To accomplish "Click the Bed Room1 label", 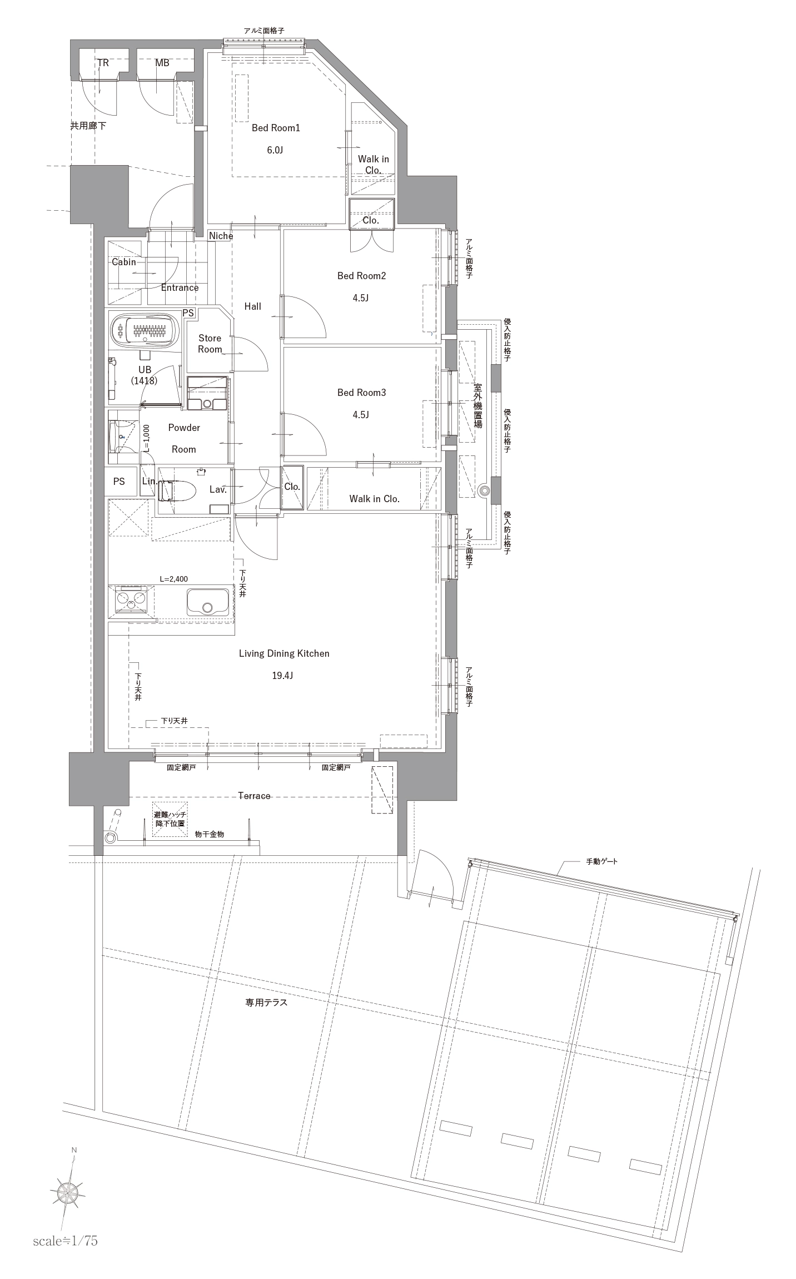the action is pos(276,128).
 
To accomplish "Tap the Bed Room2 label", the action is pos(361,276).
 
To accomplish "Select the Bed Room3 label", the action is pos(361,393).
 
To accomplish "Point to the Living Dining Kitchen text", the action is pos(284,653).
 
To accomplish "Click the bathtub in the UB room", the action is pos(146,331).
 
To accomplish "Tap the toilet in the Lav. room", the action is pos(176,490).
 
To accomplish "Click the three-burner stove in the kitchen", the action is pos(131,600).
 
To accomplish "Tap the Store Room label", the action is pos(210,344).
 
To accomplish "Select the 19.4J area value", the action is pos(282,676).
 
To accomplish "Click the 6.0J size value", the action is pos(275,150).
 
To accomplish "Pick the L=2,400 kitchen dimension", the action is pos(173,579).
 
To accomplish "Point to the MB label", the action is pos(162,63).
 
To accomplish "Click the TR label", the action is pos(103,63).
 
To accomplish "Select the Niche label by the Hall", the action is pos(221,236).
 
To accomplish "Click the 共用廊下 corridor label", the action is pos(88,126).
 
